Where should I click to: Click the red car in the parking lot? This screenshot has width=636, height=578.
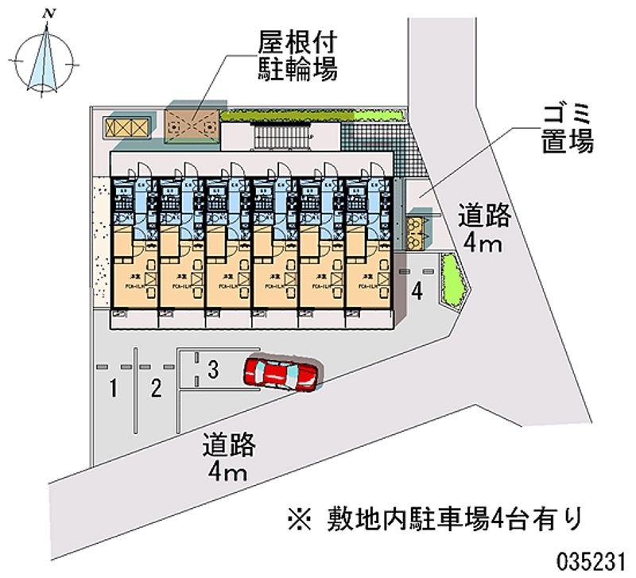point(281,373)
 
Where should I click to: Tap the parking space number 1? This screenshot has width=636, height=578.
point(114,389)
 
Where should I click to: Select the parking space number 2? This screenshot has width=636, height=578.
point(157,389)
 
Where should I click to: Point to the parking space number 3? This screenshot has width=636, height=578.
point(212,369)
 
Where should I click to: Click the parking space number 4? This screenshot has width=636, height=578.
point(417,292)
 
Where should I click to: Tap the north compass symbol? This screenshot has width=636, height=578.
point(48,56)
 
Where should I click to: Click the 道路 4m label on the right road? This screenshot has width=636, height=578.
point(484,228)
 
